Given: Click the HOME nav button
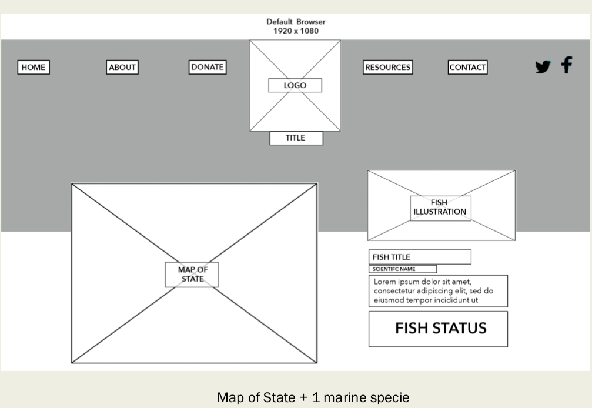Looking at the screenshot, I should coord(33,68).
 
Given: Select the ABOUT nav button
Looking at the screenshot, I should coord(122,68).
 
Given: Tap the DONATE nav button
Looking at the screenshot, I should coord(208,68).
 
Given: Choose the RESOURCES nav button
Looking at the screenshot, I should coord(387,68).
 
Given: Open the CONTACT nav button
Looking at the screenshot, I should coord(467,68).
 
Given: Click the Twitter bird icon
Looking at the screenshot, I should coord(543,66).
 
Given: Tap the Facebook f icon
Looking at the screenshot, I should coord(566,65).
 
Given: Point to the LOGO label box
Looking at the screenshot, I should coord(295,85).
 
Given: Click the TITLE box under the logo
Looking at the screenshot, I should coord(296,138).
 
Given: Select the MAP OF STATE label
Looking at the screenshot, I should coord(192,275).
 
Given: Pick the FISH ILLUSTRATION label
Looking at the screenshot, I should coord(440,208).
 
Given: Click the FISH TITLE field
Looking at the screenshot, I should coord(420,257).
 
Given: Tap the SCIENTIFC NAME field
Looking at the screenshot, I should coord(403,269).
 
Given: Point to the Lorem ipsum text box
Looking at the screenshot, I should coord(438,291).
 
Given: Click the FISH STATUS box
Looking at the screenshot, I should coord(438,329).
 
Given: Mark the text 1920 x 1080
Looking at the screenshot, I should coord(296,31).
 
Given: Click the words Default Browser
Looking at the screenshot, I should coord(296,22).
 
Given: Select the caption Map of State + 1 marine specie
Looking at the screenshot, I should coord(312,397).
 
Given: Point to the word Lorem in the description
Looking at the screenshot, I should coord(384,282).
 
